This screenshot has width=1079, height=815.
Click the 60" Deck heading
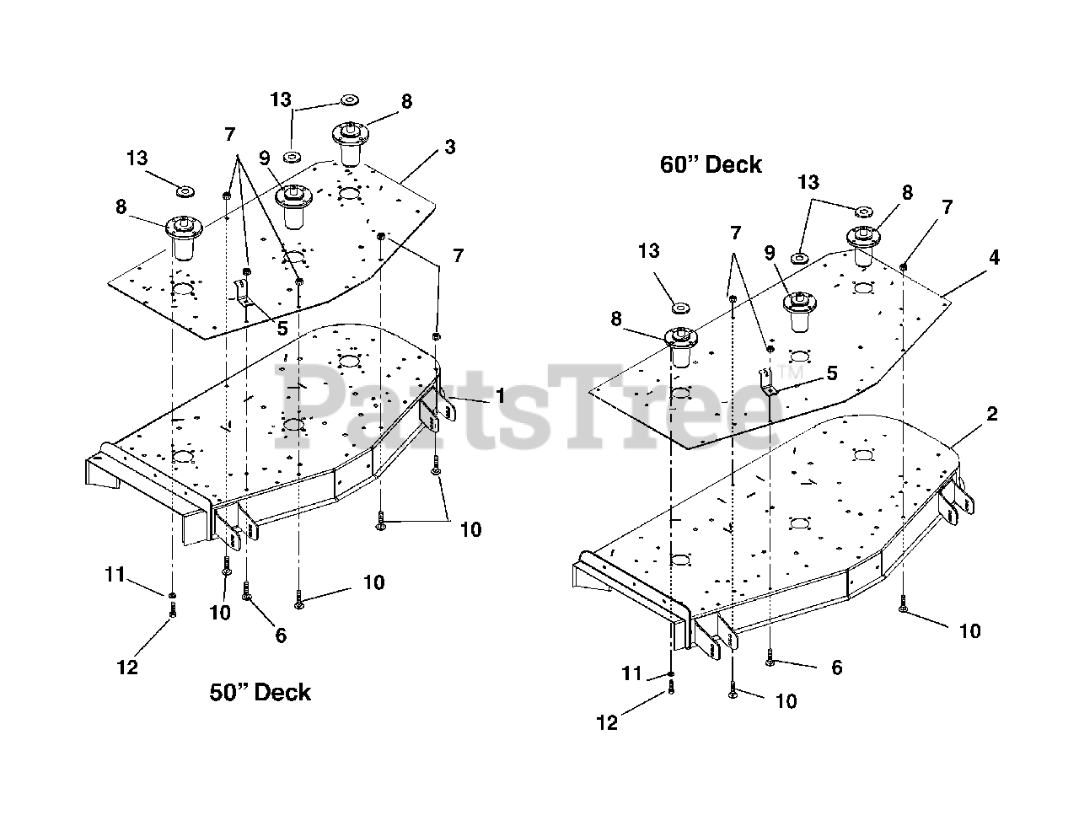[x=711, y=164]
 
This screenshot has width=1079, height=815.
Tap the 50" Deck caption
[x=260, y=692]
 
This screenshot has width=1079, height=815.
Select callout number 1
[x=501, y=395]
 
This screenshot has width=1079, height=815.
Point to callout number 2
[x=992, y=414]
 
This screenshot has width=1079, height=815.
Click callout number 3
[x=450, y=147]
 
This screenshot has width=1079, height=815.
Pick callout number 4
[x=994, y=257]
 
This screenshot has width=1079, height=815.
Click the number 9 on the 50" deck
[x=265, y=158]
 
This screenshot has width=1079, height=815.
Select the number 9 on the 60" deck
[x=770, y=253]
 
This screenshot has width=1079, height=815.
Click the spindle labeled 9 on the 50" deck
[x=293, y=206]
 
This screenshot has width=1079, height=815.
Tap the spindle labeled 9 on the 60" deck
[x=800, y=312]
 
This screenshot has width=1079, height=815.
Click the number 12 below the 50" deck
[x=126, y=668]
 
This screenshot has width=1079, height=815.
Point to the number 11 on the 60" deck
[x=631, y=673]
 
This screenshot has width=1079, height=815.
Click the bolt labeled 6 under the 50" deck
[x=246, y=590]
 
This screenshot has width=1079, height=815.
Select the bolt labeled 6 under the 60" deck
[x=770, y=657]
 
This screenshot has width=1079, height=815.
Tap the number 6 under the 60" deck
[x=836, y=668]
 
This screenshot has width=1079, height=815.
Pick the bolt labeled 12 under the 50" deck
[x=172, y=609]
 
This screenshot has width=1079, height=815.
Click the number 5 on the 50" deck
[x=282, y=328]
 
